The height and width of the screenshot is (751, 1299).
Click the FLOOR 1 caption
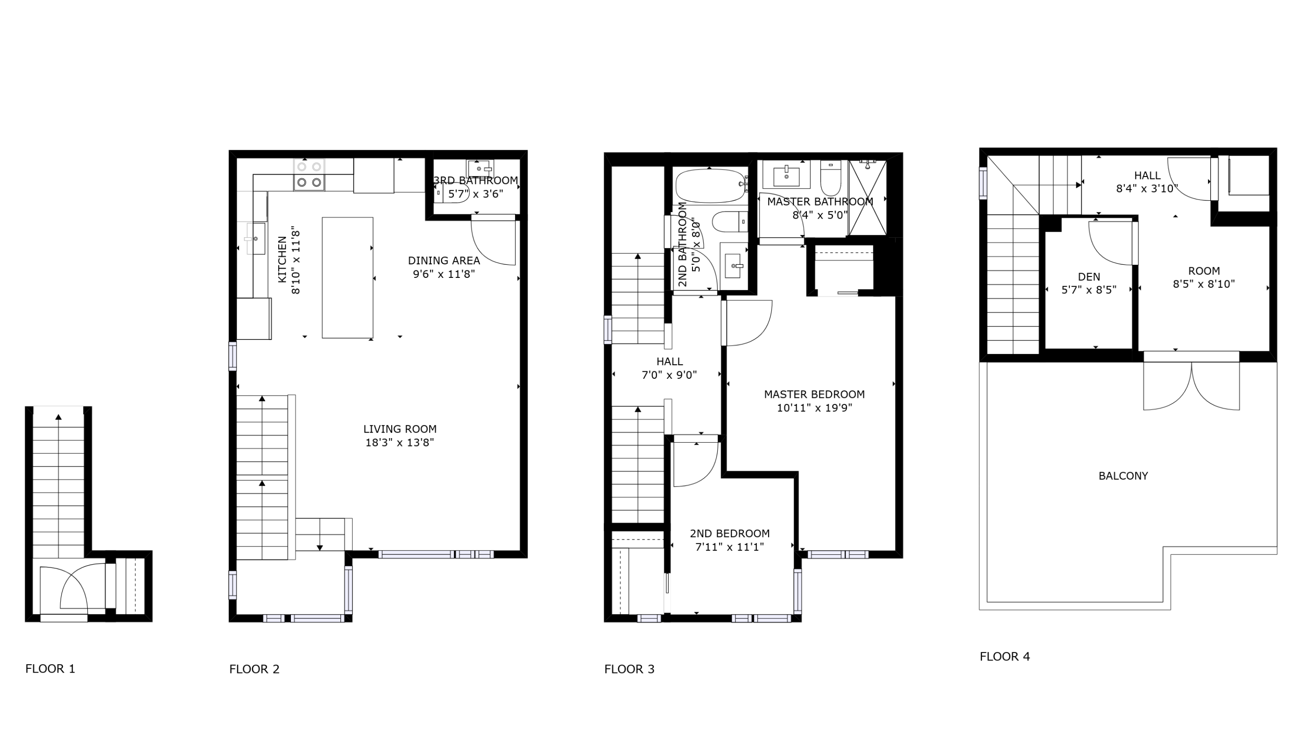tap(50, 668)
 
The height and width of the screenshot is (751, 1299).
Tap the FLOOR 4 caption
tap(1004, 656)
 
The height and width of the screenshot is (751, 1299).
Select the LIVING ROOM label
tap(400, 429)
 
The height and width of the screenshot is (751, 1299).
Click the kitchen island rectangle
tap(347, 277)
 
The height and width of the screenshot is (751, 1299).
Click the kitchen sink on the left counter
tap(256, 239)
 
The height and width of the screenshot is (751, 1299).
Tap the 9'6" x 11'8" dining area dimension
tap(443, 274)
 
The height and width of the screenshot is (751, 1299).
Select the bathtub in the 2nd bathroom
tap(710, 185)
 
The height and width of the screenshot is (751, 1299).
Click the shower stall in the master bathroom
tap(868, 198)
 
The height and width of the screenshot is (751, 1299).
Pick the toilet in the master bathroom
tap(830, 178)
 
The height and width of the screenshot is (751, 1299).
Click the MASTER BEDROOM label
tap(814, 394)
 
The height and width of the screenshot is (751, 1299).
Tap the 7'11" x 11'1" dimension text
tap(729, 547)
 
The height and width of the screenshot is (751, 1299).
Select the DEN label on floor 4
tap(1089, 277)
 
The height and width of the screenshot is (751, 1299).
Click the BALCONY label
tap(1123, 476)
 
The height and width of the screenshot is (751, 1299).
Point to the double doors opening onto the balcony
tap(1191, 387)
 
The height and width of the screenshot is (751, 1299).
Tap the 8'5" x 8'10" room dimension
tap(1204, 284)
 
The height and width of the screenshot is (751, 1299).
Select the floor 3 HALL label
tap(670, 362)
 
